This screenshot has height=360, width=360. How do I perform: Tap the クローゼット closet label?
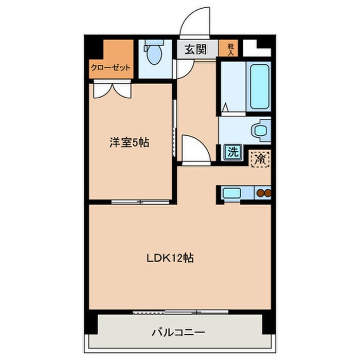point(111,67)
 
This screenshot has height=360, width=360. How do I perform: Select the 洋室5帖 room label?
point(129,143)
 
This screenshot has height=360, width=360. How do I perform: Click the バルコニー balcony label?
point(178,332)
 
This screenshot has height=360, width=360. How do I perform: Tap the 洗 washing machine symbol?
point(233,152)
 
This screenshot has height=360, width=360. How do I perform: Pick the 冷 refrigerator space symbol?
point(260,158)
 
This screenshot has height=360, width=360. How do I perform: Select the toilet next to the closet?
point(154,55)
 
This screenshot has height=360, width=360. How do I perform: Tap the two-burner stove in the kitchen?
point(263,193)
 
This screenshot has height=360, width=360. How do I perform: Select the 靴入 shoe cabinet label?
point(230,49)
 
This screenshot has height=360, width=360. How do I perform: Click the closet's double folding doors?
point(113,90)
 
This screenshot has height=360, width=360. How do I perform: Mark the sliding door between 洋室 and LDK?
point(140,202)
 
